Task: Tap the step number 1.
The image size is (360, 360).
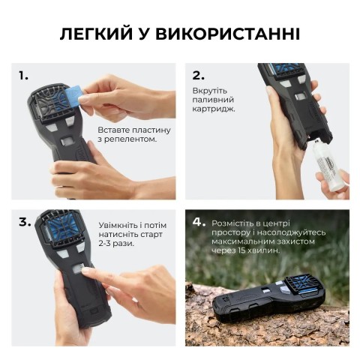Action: click(23, 76)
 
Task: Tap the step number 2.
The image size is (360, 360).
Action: click(199, 76)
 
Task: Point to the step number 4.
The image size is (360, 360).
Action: click(199, 222)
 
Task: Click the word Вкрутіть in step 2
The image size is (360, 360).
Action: click(211, 90)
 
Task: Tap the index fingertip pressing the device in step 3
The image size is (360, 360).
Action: click(89, 275)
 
